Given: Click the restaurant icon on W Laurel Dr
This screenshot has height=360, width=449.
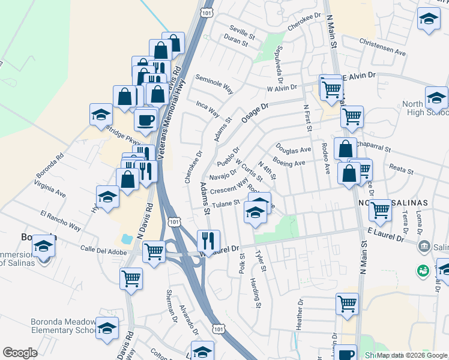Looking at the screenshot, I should click(208, 241).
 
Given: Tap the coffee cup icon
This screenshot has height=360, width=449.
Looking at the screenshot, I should click(145, 120).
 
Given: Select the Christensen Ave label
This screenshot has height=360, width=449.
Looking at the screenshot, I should click(383, 47).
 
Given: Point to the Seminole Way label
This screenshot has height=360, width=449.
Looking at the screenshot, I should click(214, 85).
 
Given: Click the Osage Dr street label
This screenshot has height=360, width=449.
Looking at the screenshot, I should click(255, 112).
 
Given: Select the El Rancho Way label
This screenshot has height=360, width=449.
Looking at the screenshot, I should click(61, 220).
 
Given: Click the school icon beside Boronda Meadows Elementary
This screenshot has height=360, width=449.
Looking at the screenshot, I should click(107, 328).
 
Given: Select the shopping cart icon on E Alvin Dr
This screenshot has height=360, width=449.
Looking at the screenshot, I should click(331, 89).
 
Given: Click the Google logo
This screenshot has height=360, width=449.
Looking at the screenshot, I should click(20, 353).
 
